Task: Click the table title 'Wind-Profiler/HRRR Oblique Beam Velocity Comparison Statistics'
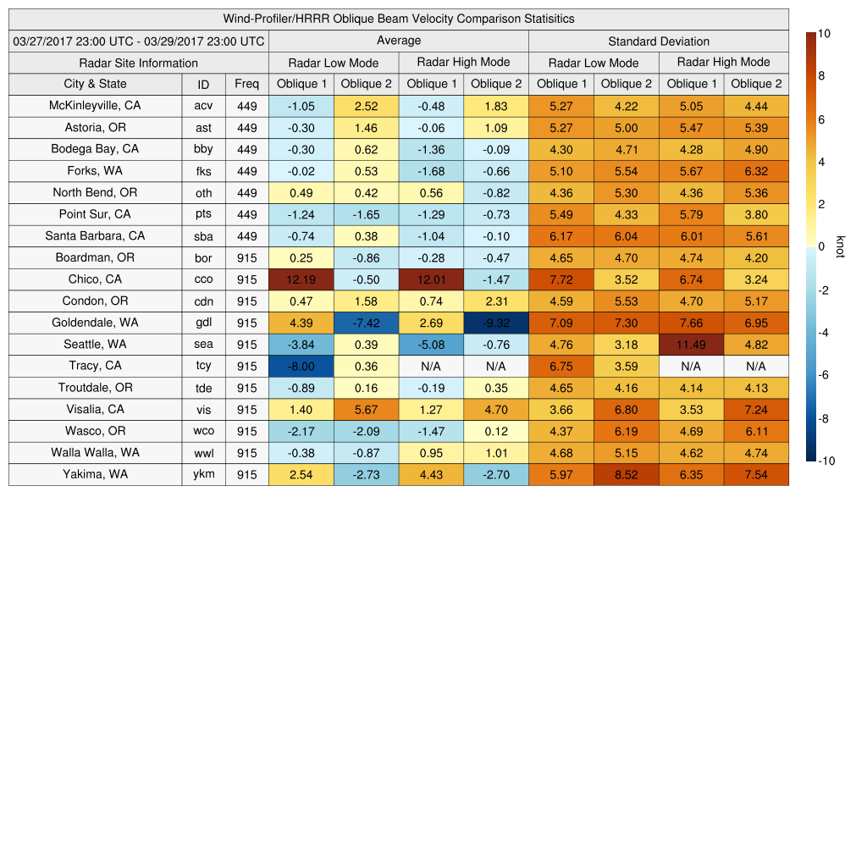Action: [399, 19]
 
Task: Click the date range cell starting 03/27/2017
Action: [139, 41]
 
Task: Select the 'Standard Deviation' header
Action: [659, 41]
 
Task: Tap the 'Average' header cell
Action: [398, 41]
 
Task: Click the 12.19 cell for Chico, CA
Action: [301, 279]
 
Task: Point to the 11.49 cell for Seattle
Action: [691, 345]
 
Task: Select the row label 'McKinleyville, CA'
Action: [95, 106]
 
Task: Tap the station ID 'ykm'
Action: [203, 474]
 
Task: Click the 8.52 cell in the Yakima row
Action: [626, 475]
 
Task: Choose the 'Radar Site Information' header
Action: [138, 63]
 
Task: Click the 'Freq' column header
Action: [246, 84]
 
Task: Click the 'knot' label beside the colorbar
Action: [840, 246]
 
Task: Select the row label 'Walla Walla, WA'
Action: [95, 452]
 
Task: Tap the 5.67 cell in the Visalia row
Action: [366, 410]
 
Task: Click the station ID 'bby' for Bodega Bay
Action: [203, 149]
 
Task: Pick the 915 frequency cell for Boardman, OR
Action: [246, 257]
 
